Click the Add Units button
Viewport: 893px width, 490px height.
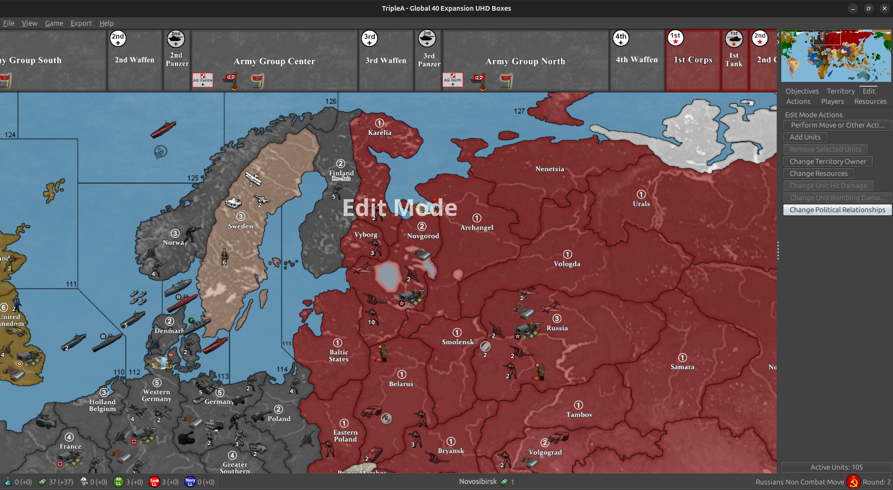click(805, 137)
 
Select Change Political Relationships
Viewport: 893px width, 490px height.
click(837, 210)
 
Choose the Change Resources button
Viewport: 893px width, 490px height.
click(819, 174)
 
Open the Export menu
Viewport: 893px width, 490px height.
click(81, 23)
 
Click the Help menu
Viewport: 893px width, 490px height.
click(107, 23)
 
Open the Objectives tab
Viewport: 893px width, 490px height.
click(802, 91)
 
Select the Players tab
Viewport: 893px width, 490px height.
click(832, 101)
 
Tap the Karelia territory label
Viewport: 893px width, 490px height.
click(380, 133)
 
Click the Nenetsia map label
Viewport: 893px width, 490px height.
click(549, 169)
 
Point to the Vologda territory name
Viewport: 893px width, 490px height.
click(567, 264)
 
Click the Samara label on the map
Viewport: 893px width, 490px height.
click(682, 367)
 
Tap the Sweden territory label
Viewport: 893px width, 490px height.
click(240, 226)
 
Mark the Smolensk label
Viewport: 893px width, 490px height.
click(458, 342)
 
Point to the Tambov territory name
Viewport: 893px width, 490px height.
click(579, 415)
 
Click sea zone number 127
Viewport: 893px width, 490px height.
click(519, 111)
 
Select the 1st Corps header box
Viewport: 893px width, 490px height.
click(693, 60)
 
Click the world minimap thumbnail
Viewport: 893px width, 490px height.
click(836, 56)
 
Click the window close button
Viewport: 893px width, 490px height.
click(884, 8)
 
